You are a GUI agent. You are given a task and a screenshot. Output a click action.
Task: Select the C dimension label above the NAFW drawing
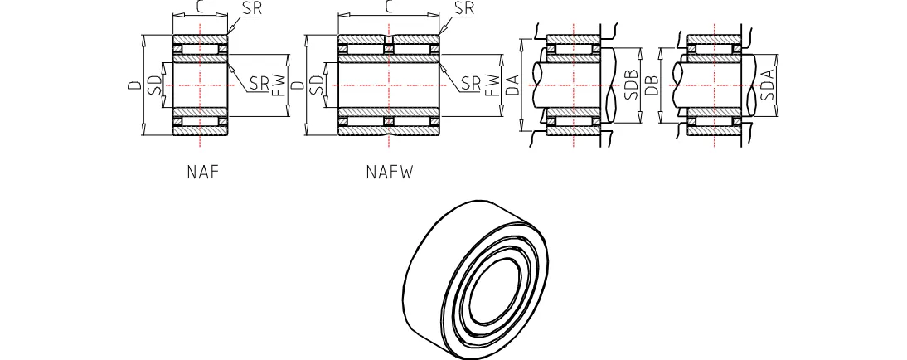388,7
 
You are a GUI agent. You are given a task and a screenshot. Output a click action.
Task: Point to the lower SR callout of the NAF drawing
259,82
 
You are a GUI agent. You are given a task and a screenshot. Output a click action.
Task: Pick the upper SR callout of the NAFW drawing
465,9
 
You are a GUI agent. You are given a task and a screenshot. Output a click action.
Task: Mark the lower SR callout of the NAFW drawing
471,82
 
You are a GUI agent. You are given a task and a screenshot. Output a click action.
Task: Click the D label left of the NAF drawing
133,85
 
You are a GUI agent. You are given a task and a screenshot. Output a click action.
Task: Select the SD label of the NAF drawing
152,85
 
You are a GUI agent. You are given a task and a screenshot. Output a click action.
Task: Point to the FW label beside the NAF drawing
278,85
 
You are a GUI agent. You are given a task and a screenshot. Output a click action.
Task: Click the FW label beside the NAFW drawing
492,85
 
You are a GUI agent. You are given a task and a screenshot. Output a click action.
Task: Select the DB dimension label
652,85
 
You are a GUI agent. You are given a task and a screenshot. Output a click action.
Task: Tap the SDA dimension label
768,85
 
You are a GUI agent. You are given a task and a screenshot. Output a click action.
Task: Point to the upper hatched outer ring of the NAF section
200,40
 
